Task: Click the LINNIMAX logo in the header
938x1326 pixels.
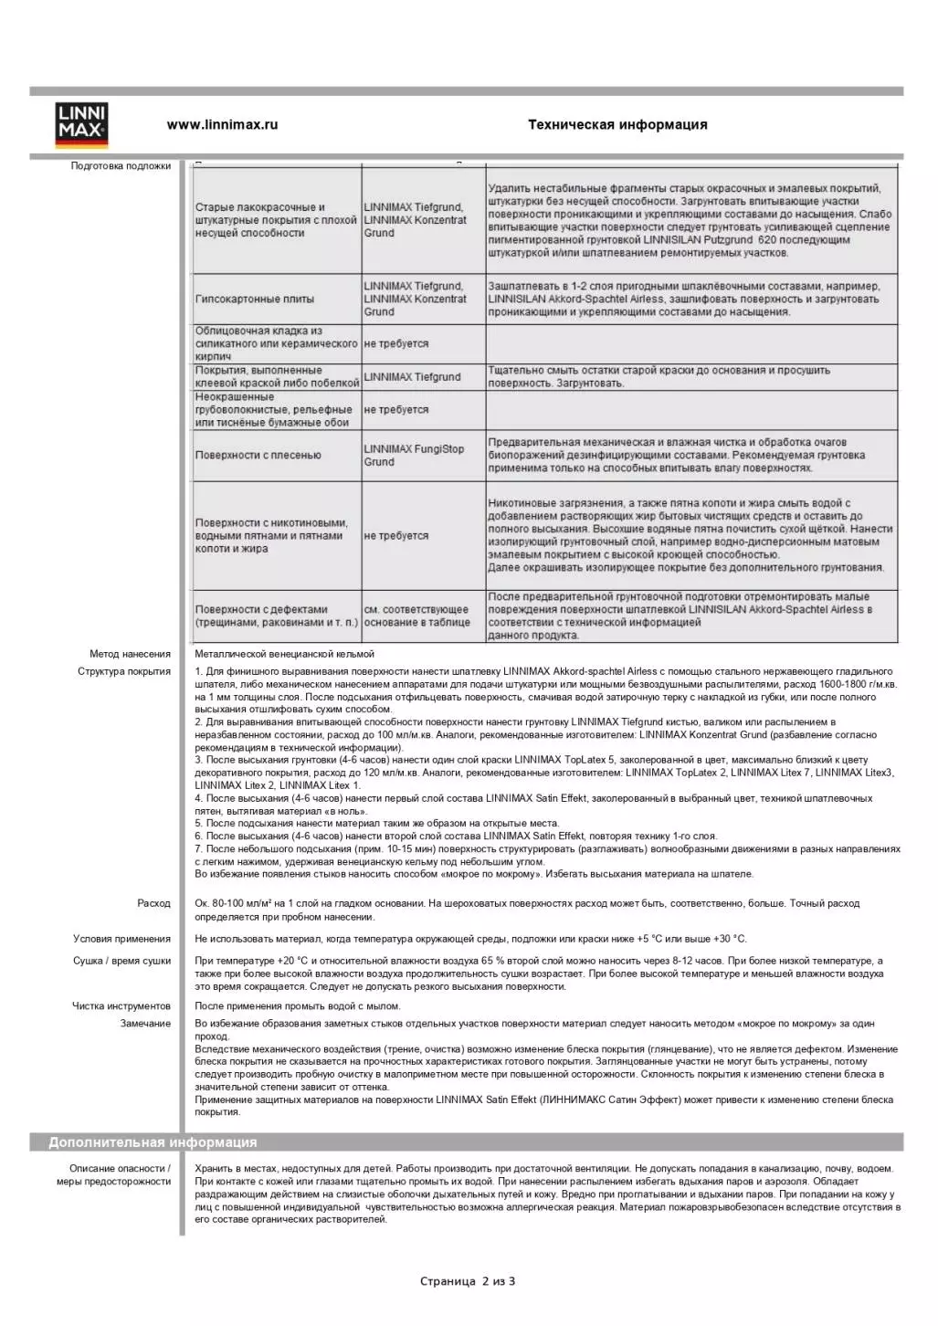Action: click(81, 125)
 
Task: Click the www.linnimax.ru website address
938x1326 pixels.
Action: click(222, 125)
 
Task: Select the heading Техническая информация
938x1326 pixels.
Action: click(617, 125)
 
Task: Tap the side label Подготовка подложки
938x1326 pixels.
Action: click(121, 166)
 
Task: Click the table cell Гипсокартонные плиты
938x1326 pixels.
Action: click(254, 300)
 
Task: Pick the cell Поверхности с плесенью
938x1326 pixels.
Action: click(258, 456)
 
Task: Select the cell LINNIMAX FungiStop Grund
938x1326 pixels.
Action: click(414, 456)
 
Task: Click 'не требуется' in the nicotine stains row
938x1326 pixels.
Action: click(395, 536)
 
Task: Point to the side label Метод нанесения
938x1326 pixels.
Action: click(130, 654)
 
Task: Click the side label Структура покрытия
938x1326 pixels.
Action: click(124, 672)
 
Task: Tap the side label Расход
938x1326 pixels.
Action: click(153, 904)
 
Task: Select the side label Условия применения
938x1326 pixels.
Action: click(121, 939)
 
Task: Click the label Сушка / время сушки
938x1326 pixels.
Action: click(121, 961)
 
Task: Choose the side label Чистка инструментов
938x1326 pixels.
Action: click(121, 1006)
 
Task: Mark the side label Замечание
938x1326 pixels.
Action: click(145, 1024)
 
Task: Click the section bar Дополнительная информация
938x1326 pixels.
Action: click(153, 1142)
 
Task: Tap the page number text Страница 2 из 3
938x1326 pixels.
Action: click(468, 1281)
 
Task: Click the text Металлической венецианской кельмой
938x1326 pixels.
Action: click(284, 654)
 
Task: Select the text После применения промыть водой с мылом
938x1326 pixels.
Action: click(297, 1006)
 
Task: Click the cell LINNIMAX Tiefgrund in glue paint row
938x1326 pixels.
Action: click(412, 377)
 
